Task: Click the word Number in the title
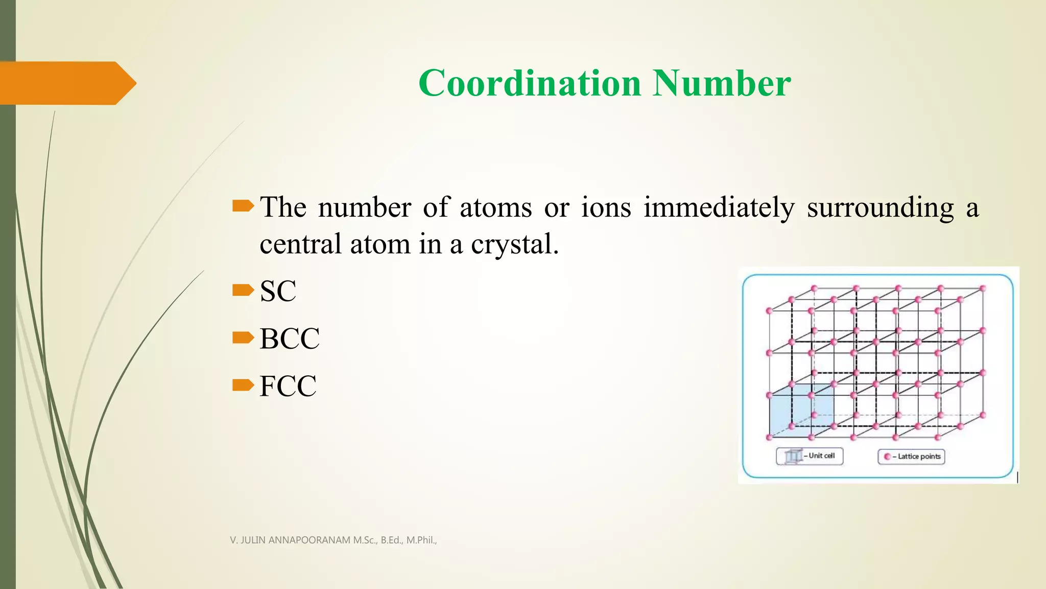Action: click(x=722, y=83)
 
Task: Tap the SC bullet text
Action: click(x=278, y=291)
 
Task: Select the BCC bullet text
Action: click(x=290, y=338)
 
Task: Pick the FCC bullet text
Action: click(x=288, y=386)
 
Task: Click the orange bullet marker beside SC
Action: click(x=243, y=290)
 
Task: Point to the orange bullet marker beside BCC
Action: click(x=243, y=337)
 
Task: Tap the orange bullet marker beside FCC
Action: click(x=243, y=384)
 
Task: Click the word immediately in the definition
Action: click(x=719, y=208)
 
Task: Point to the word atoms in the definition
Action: click(x=495, y=208)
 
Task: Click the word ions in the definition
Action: click(x=606, y=208)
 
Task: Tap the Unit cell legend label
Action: click(x=821, y=456)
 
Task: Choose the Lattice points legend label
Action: click(x=919, y=457)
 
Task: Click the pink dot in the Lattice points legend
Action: click(x=887, y=457)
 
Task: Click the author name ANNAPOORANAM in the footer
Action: click(x=309, y=540)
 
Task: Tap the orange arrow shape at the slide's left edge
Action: click(x=66, y=83)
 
